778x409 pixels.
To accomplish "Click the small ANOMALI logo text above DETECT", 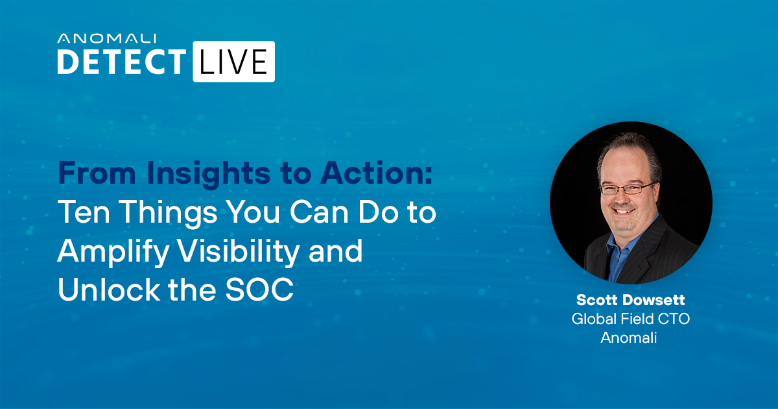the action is coord(106,38).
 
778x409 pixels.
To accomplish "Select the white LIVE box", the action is coord(234,62).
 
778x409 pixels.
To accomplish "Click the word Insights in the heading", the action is coord(208,173).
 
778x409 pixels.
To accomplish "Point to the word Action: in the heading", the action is coord(377,173).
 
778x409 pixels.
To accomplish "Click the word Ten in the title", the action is coord(84,212).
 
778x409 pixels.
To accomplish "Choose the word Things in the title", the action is coord(169,213).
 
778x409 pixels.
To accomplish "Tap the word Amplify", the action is coord(113,252).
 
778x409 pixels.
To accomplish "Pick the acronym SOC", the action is coord(259,290).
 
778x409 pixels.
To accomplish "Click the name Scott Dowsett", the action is coord(630,300).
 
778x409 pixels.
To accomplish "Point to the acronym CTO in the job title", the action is coord(674,319).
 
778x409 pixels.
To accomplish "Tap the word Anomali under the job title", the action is coord(629,338).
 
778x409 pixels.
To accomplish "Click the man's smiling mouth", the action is coord(624,211).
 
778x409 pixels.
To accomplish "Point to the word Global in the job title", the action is coord(589,319).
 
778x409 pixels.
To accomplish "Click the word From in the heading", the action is coord(97,173).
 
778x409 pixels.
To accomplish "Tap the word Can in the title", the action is coord(319,212).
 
